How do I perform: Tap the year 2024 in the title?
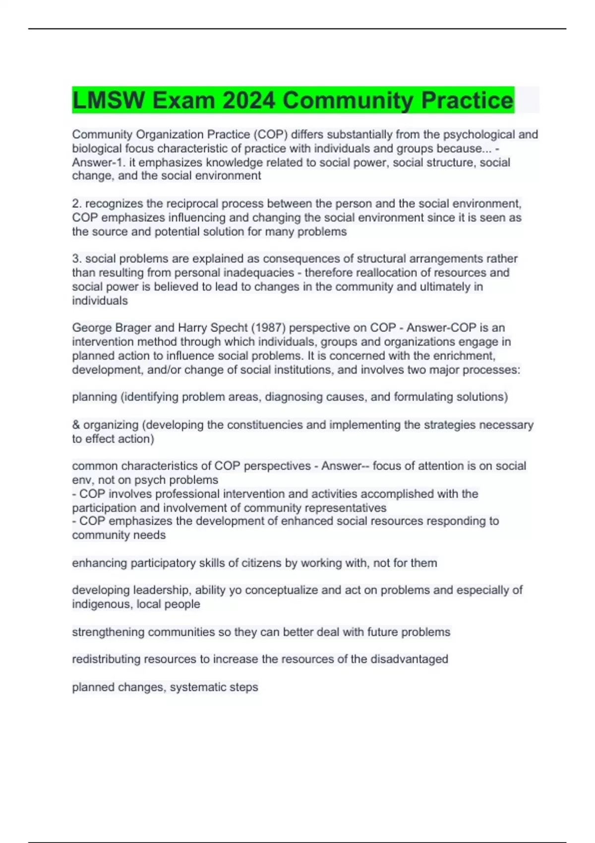(x=248, y=100)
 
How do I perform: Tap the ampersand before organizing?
(x=76, y=425)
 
